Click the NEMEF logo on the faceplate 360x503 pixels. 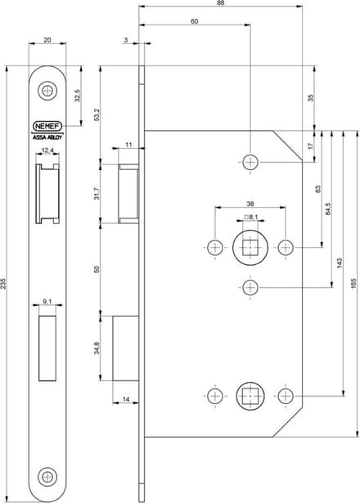pos(47,127)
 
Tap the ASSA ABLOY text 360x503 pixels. pos(47,137)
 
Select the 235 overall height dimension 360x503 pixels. pos(3,284)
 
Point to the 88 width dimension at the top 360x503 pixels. pos(220,3)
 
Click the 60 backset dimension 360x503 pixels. pos(195,21)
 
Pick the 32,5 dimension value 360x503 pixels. pos(77,96)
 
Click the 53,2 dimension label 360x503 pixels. pos(97,115)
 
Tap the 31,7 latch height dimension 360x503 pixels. pos(97,194)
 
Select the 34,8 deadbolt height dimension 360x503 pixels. pos(97,348)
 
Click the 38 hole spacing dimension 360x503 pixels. pos(250,204)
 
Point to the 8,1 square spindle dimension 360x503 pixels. pos(251,218)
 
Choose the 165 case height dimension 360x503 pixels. pos(353,284)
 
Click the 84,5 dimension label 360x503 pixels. pos(327,209)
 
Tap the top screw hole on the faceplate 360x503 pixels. pos(47,91)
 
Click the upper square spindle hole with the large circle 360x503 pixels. pos(250,247)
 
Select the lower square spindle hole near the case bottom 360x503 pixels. pos(250,396)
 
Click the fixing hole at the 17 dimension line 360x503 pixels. pos(250,162)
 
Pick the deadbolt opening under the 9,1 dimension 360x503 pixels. pos(47,348)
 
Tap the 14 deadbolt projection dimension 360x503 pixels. pos(126,399)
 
